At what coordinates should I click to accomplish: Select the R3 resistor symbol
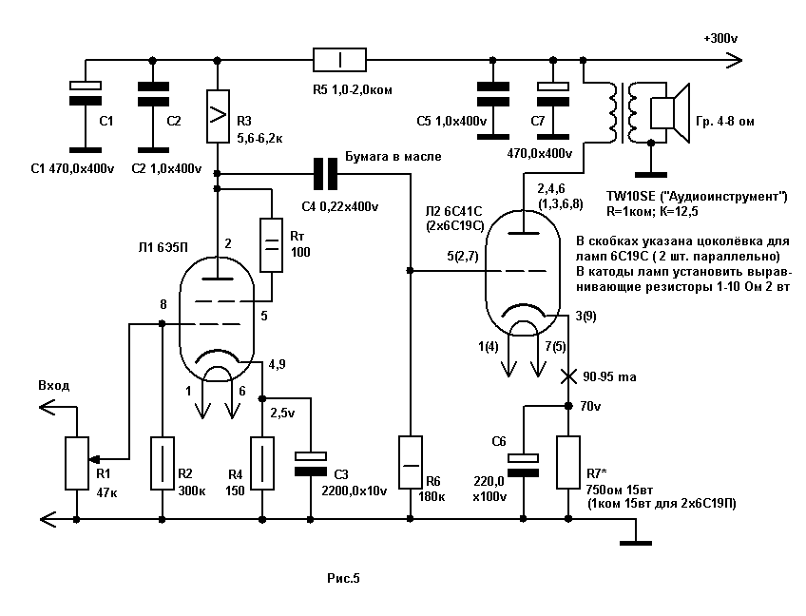coord(218,117)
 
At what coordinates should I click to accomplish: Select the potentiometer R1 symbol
coord(72,463)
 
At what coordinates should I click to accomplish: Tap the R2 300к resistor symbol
coord(163,464)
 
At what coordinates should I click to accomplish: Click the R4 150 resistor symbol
coord(261,464)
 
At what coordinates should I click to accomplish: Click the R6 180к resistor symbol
coord(410,463)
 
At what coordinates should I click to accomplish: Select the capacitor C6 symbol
coord(523,463)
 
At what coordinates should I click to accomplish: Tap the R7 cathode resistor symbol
coord(569,464)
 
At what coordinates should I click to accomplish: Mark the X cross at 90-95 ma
coord(569,377)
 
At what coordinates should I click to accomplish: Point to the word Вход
coord(54,385)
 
